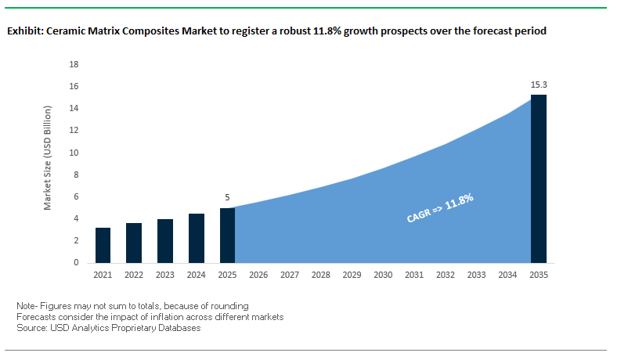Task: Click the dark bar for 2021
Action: click(103, 245)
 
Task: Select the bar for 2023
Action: click(164, 240)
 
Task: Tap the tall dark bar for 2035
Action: click(538, 178)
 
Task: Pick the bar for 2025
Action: click(227, 235)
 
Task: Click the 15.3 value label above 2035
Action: click(538, 84)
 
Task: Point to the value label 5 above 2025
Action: click(227, 197)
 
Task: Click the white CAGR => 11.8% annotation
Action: click(440, 208)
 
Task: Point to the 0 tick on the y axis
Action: click(77, 263)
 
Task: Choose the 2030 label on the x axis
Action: click(383, 275)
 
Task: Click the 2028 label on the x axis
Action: click(320, 275)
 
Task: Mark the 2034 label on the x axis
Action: click(507, 275)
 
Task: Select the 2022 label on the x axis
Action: click(134, 275)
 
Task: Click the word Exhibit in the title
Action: click(24, 32)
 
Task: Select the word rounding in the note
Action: click(230, 304)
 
